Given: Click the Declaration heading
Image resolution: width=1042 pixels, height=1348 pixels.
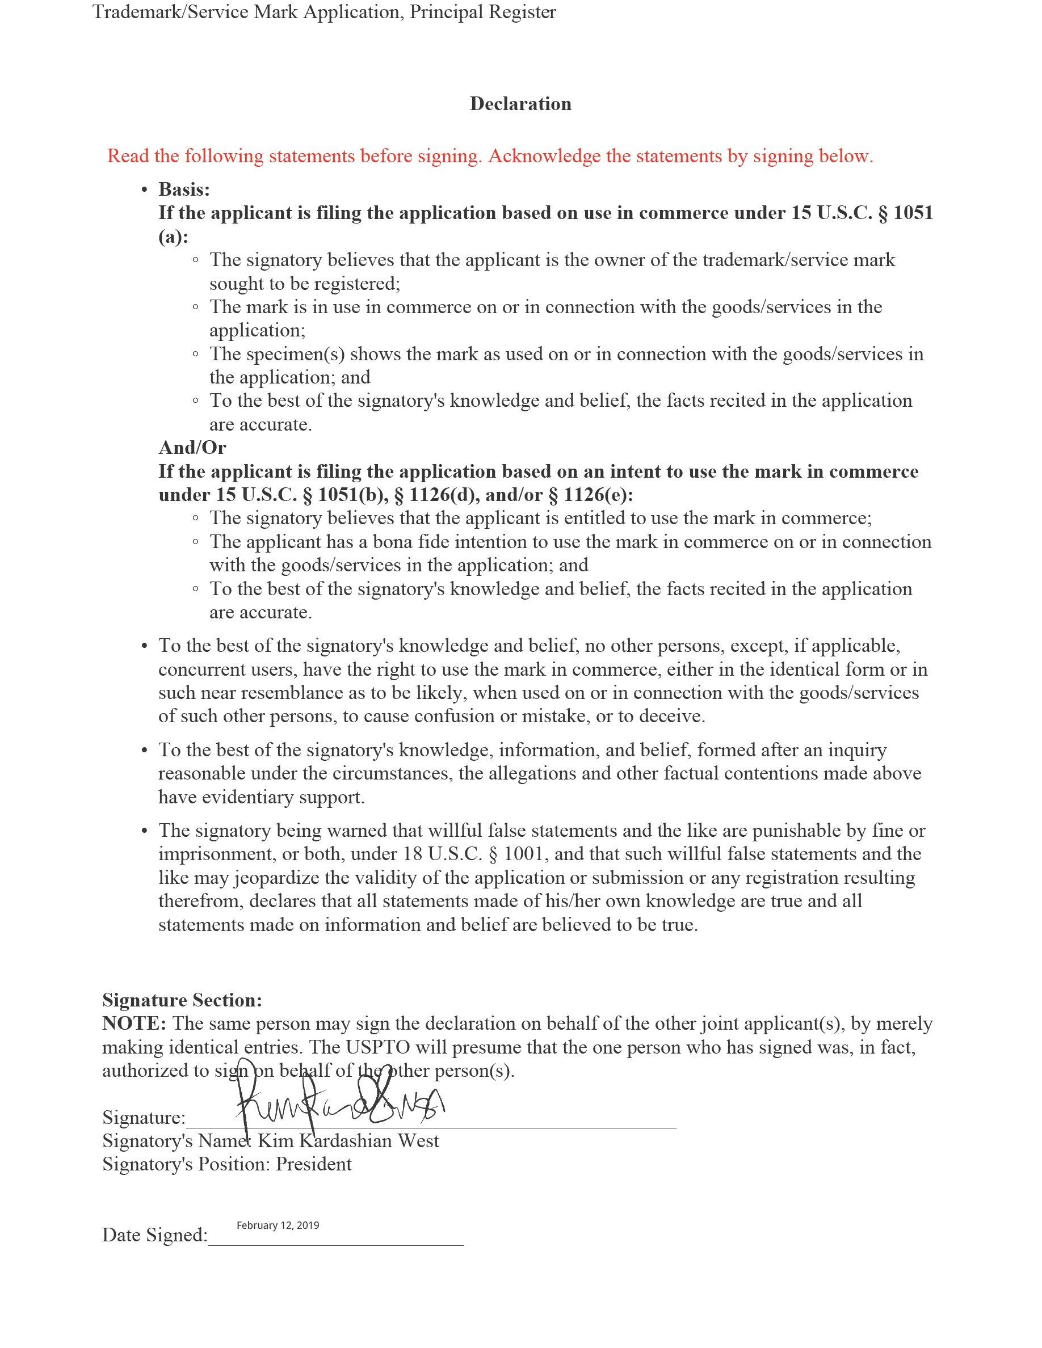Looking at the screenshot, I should (x=520, y=104).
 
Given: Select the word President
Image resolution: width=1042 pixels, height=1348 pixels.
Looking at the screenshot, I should (x=314, y=1164).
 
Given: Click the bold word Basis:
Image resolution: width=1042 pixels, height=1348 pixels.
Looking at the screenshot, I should (x=184, y=189).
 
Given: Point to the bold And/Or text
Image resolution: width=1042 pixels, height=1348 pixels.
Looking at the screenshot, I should (x=192, y=448).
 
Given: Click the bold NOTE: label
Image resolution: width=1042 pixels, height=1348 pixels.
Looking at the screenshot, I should (x=134, y=1024).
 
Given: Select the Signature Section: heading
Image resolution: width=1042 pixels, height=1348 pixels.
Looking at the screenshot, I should (x=182, y=1000).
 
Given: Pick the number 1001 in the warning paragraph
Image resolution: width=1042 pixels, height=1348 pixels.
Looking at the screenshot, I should (x=527, y=854).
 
